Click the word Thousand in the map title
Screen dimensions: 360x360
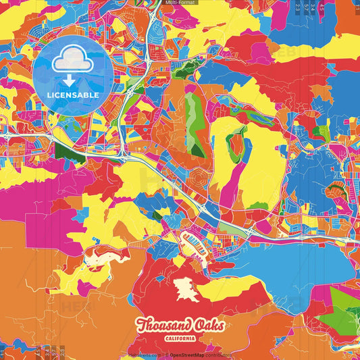click(160, 325)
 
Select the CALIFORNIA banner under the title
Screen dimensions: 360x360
click(180, 338)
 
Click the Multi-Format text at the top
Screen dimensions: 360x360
click(180, 3)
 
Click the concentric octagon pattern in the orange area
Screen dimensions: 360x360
click(199, 178)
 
